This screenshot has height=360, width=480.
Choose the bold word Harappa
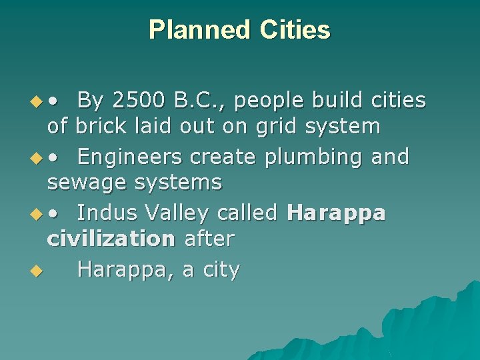335,214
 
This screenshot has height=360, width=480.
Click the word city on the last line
219,271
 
